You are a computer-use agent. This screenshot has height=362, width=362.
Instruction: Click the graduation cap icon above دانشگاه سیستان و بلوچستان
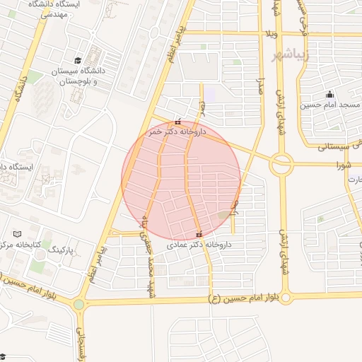pyautogui.click(x=78, y=60)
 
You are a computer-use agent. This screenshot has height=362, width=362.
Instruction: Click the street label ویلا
pyautogui.click(x=273, y=34)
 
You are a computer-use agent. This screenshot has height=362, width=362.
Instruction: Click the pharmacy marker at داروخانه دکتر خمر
pyautogui.click(x=177, y=122)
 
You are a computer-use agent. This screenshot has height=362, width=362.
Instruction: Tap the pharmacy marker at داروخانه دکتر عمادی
pyautogui.click(x=199, y=234)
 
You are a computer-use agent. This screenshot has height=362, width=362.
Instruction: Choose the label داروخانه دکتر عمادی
pyautogui.click(x=199, y=245)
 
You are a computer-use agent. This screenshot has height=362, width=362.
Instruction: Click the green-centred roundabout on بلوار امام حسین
pyautogui.click(x=78, y=305)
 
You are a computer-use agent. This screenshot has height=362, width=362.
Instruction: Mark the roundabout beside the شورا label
pyautogui.click(x=281, y=164)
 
